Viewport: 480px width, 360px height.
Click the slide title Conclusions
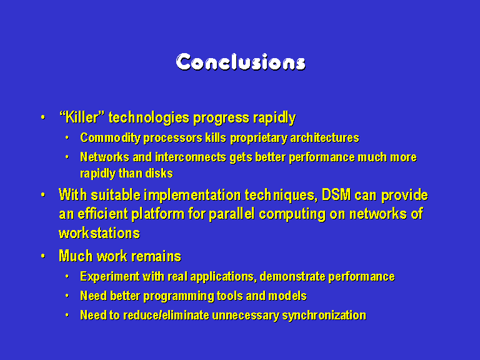[241, 62]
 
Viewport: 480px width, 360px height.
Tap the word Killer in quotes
[82, 117]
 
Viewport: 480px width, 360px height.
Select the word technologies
[149, 118]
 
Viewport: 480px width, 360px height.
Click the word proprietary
[259, 138]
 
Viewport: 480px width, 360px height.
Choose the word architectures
[325, 137]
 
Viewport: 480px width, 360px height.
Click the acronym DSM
[336, 195]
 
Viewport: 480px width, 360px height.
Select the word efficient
[102, 214]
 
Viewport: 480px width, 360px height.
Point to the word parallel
[231, 214]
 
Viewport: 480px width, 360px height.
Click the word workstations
[99, 233]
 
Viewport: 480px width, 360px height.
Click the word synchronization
[324, 315]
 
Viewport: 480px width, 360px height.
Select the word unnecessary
[246, 315]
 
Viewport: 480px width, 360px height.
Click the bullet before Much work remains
[43, 256]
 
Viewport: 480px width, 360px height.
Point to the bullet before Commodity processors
[67, 138]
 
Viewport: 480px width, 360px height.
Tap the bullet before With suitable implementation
[43, 195]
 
